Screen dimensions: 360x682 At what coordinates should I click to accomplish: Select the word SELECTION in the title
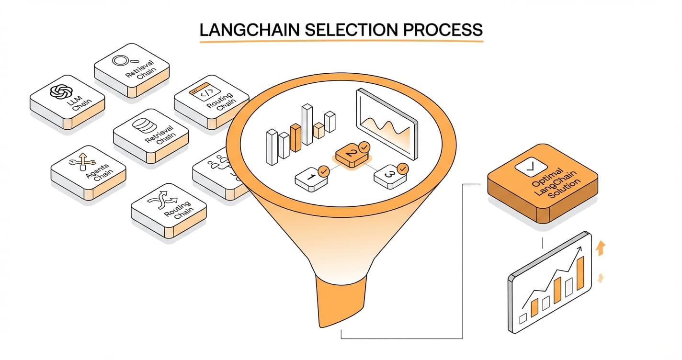click(352, 29)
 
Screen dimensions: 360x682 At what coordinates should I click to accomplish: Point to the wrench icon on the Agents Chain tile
click(79, 161)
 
